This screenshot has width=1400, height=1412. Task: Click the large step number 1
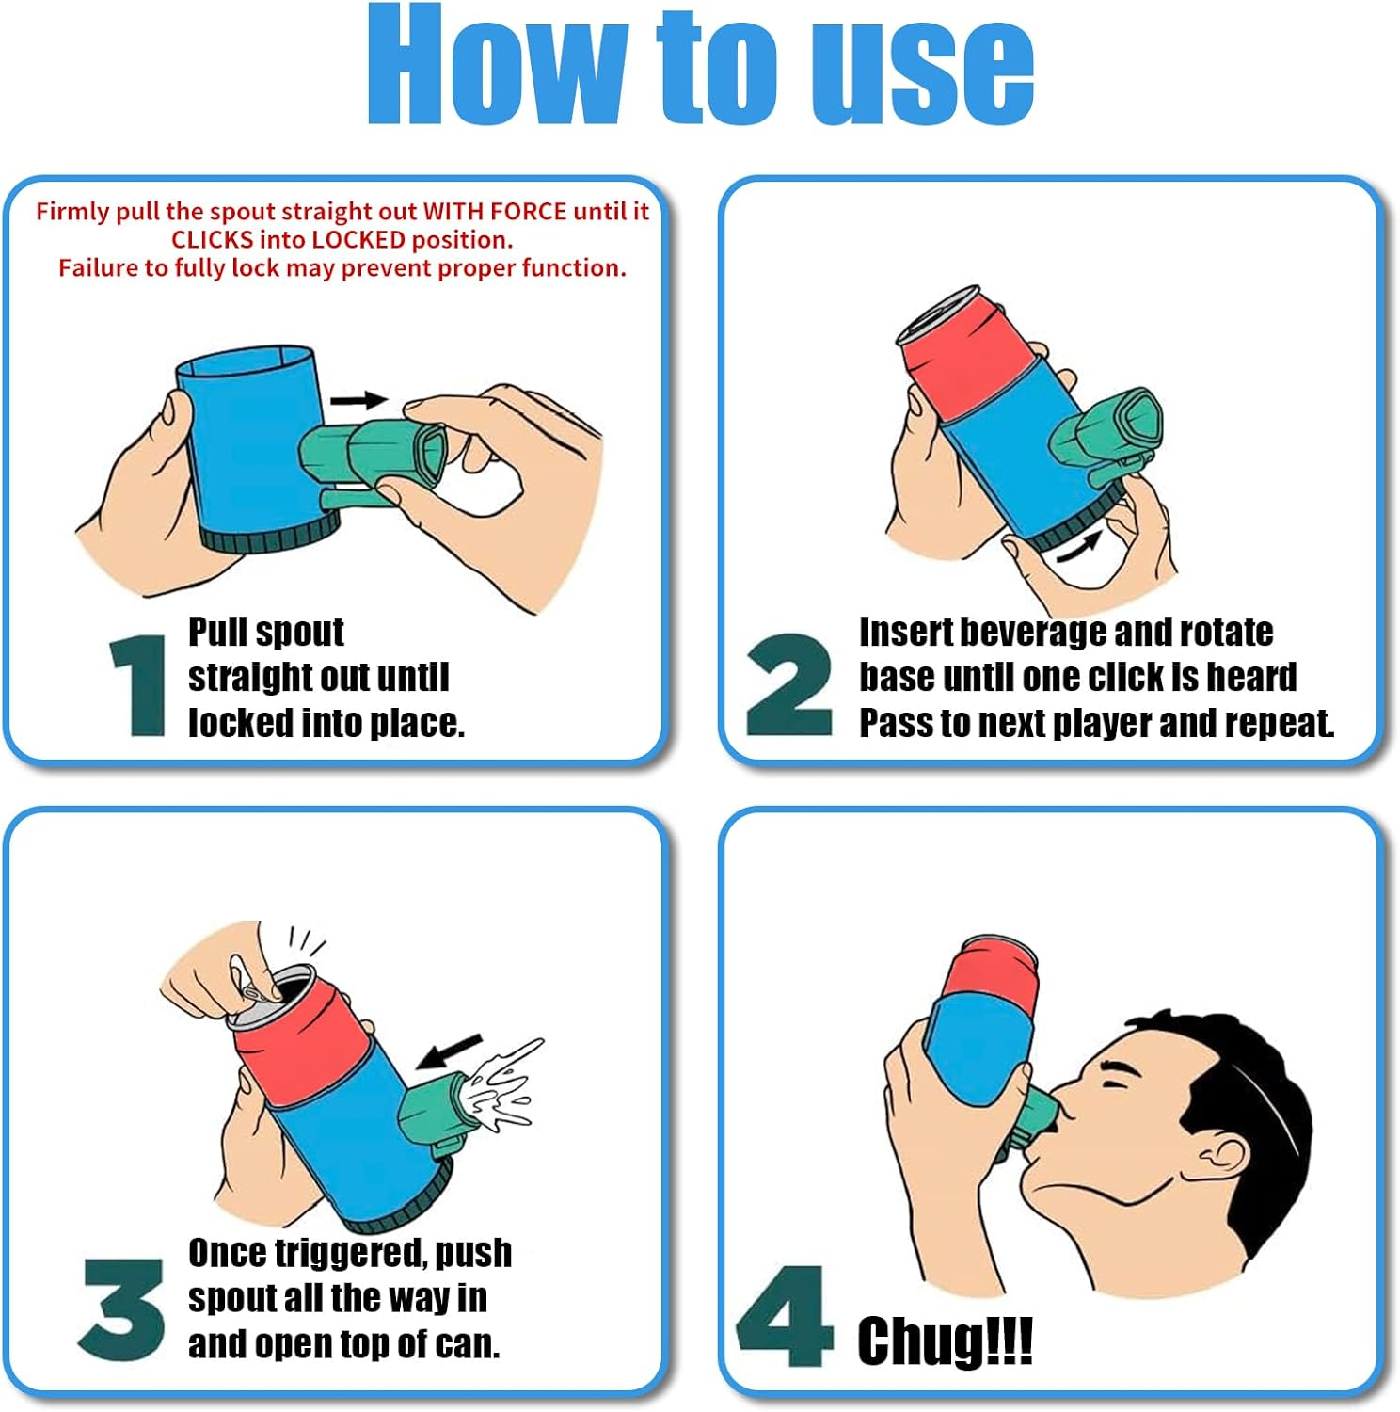[x=139, y=684]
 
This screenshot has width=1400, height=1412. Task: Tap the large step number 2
[x=788, y=684]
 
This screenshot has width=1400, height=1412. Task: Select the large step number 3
[x=122, y=1308]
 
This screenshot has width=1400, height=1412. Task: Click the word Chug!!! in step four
[x=945, y=1340]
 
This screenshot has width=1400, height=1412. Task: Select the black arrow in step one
[x=358, y=400]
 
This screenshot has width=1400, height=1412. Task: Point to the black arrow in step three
[x=449, y=1051]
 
